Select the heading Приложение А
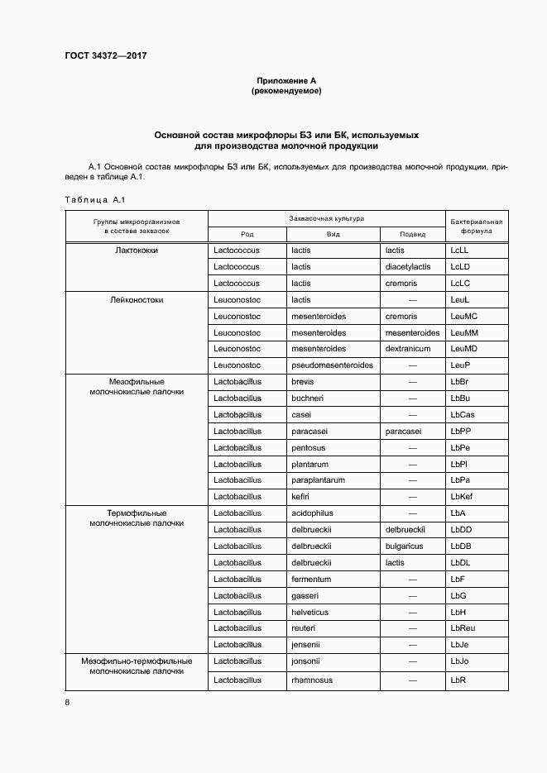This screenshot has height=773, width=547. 285,80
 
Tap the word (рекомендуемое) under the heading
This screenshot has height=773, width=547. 285,91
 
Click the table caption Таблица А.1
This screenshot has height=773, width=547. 94,199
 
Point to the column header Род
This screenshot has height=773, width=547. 247,234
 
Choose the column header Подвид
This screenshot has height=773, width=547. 411,234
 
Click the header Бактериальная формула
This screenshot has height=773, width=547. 476,227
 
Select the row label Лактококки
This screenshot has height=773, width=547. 136,250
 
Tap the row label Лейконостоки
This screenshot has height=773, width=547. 136,299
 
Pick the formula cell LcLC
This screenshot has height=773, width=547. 460,283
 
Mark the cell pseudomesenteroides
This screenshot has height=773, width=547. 332,365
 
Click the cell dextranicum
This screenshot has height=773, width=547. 409,348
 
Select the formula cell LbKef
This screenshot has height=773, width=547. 463,496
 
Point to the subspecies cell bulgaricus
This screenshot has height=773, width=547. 405,546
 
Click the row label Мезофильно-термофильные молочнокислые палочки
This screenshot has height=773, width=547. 137,666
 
